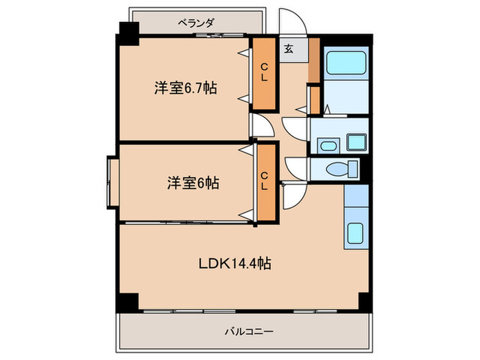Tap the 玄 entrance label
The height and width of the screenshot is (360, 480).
[x=289, y=49]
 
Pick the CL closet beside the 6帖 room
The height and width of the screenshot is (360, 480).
[x=264, y=182]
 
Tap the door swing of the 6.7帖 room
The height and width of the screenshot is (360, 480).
[x=261, y=125]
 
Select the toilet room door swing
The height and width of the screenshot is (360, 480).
[x=297, y=168]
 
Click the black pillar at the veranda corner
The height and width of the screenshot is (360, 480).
[x=128, y=30]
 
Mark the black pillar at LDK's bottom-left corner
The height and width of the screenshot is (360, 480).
[x=127, y=301]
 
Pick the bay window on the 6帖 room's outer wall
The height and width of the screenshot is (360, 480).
[x=111, y=183]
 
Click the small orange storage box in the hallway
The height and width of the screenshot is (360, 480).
[x=314, y=100]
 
